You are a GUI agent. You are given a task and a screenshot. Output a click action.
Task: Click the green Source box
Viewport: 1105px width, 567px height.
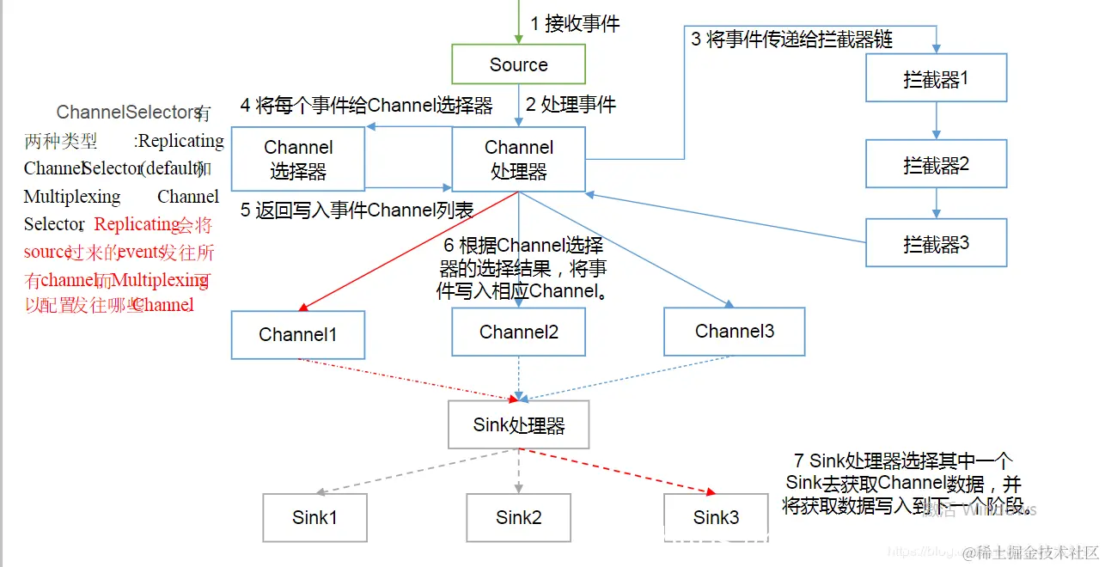coord(518,64)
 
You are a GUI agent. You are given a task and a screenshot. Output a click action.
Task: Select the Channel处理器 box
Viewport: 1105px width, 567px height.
coord(518,160)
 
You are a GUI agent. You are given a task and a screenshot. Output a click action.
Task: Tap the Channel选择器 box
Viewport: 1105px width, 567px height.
coord(298,160)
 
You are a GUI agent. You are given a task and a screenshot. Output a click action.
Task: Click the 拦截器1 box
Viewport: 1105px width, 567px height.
coord(936,80)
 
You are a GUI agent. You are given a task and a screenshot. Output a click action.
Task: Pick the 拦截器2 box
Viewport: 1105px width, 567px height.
coord(936,164)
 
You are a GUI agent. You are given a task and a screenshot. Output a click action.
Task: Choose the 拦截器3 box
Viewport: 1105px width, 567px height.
coord(936,243)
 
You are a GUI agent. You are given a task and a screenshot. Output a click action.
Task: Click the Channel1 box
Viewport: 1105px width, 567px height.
coord(297,335)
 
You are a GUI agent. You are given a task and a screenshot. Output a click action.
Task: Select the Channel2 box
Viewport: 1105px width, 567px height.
coord(518,332)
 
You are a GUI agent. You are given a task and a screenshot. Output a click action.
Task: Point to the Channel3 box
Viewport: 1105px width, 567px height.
coord(734,331)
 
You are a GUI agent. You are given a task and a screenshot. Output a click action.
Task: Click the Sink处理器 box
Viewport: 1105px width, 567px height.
coord(518,424)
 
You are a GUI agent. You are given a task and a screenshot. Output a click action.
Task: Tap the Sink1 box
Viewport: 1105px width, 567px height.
coord(314,517)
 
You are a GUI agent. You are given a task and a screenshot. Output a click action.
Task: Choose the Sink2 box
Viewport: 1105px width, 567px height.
coord(518,517)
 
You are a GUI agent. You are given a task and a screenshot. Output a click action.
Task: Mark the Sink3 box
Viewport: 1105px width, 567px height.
coord(716,517)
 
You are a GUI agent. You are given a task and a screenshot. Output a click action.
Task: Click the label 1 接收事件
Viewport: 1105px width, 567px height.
coord(575,24)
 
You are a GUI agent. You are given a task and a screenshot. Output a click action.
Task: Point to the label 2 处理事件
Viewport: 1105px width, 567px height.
coord(571,105)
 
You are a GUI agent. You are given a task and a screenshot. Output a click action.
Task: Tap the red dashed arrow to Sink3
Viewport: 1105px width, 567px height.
coord(619,471)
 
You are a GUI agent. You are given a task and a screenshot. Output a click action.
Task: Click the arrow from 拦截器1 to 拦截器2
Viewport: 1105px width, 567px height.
coord(936,122)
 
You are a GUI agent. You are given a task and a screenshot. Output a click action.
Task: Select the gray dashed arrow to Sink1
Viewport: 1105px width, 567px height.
coord(417,471)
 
